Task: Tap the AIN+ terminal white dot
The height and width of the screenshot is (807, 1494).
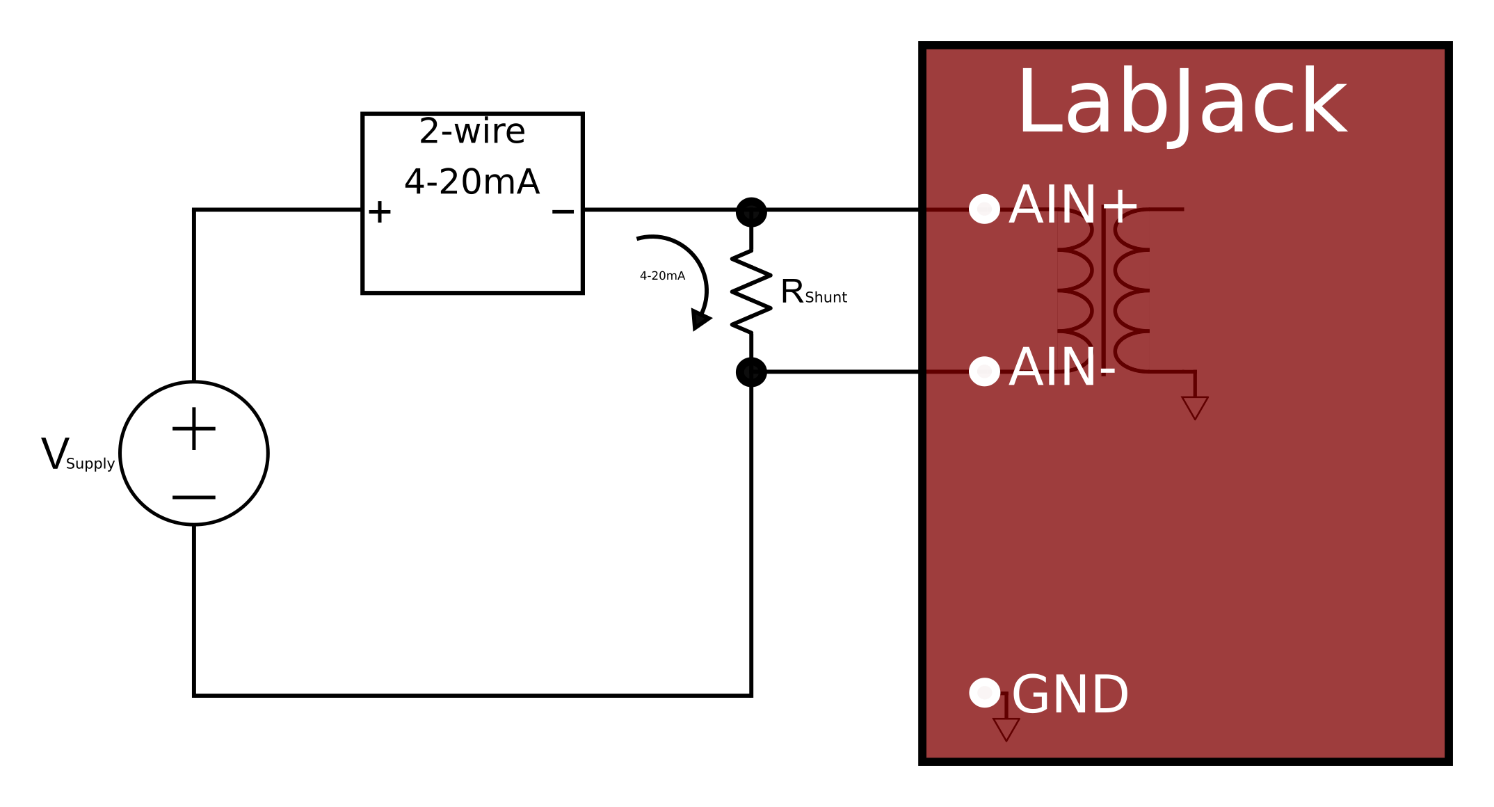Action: [x=984, y=209]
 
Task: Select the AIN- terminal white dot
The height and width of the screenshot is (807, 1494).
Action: [x=984, y=371]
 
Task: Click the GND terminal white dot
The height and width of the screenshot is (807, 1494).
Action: [x=984, y=693]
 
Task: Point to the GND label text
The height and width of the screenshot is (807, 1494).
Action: [x=1070, y=695]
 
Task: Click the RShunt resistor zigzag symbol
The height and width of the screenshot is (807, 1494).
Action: [x=751, y=291]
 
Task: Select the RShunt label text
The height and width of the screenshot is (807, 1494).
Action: [x=813, y=292]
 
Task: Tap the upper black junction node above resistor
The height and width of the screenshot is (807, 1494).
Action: [x=751, y=211]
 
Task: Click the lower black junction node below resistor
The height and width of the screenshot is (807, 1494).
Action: [x=751, y=372]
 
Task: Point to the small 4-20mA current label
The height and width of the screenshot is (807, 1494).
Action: [x=662, y=276]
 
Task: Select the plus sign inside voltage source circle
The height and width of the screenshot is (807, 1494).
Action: [x=194, y=429]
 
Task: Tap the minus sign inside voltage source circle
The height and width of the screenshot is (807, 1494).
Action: [x=194, y=497]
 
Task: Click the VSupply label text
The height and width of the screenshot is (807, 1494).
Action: [x=77, y=456]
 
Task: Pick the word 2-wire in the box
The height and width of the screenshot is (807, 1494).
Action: [x=472, y=131]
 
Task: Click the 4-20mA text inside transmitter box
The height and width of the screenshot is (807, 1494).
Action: [x=472, y=182]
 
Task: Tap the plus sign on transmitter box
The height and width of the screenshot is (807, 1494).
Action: [x=380, y=212]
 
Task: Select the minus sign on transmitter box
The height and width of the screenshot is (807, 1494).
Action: [x=563, y=211]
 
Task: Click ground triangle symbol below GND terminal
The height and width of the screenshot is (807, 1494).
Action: [x=1006, y=728]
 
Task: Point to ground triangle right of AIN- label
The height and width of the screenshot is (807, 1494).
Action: [x=1195, y=406]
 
